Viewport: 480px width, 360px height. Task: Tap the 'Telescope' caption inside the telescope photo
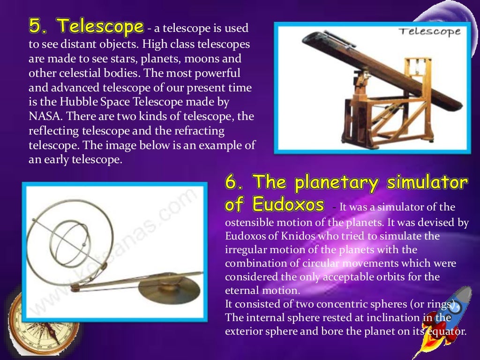coord(429,32)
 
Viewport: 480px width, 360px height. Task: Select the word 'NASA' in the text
coord(42,116)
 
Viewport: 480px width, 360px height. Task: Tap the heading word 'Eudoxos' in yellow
coord(288,204)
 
